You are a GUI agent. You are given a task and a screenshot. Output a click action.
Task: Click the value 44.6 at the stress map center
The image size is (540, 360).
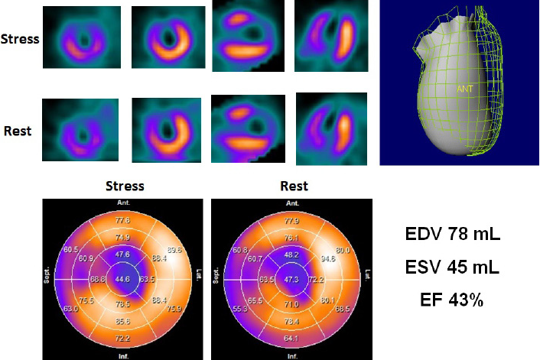click(122, 279)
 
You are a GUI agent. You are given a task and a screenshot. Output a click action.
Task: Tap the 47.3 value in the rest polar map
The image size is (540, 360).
click(291, 280)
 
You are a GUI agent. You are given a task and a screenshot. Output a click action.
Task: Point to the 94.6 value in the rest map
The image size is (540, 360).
click(328, 258)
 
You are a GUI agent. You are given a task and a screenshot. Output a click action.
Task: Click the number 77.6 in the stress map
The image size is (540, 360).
click(122, 219)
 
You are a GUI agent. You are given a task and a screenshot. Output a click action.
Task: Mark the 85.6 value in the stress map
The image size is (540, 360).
click(122, 322)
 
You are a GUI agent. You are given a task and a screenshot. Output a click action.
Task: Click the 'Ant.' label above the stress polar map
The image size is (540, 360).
click(122, 203)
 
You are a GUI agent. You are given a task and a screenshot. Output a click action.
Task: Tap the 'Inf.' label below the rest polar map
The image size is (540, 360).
click(291, 355)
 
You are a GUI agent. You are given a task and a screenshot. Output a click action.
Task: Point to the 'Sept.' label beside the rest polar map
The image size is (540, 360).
click(215, 277)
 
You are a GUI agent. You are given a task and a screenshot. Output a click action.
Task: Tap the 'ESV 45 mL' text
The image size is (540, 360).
click(452, 268)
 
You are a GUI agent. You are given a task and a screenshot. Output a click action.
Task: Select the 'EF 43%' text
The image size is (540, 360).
click(452, 300)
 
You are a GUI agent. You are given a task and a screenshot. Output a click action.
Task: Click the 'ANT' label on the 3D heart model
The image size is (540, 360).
click(465, 89)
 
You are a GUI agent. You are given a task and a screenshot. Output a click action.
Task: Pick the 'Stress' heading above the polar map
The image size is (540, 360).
click(125, 186)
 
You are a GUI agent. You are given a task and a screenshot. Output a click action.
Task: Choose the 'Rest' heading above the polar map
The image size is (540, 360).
click(294, 186)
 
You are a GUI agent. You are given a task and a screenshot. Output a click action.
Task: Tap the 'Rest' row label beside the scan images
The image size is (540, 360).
click(17, 131)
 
